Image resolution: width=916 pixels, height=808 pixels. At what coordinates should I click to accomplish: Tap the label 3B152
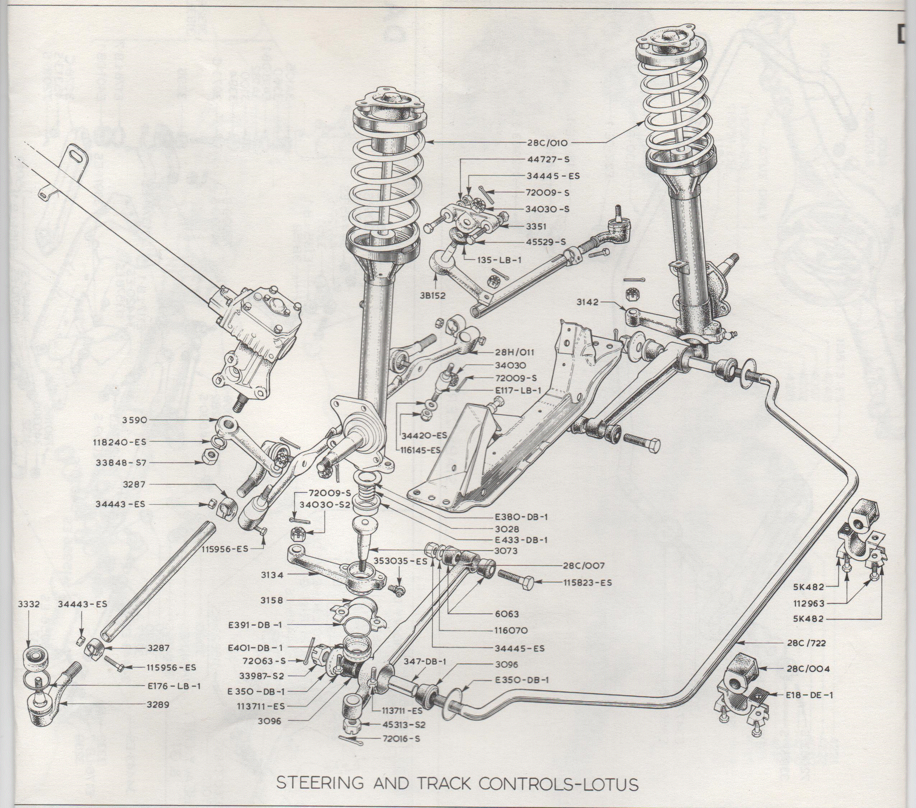click(433, 296)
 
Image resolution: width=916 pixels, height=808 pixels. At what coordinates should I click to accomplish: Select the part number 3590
click(134, 420)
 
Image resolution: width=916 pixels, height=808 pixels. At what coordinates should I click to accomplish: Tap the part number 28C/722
click(805, 643)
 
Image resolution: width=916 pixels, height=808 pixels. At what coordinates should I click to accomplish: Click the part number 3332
click(29, 604)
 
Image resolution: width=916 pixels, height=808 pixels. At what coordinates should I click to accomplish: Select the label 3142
click(587, 302)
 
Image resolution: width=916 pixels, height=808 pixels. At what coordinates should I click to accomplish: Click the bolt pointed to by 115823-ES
click(516, 580)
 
